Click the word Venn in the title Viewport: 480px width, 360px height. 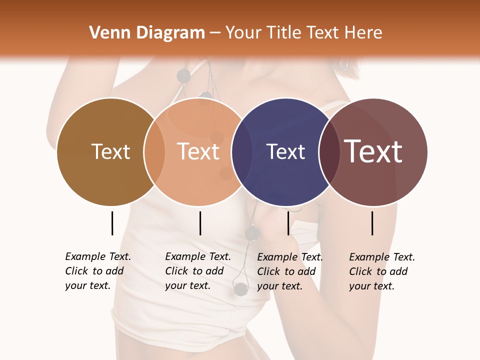106,33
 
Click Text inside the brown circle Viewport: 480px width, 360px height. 110,151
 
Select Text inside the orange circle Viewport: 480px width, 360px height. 198,151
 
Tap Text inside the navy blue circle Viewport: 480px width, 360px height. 285,152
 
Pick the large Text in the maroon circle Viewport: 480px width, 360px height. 373,151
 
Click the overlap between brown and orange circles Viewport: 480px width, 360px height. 154,152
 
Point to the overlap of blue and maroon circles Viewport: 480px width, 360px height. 328,152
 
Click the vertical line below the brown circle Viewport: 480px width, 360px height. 112,223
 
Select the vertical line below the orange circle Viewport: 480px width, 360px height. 200,223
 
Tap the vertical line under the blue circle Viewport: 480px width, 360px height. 288,223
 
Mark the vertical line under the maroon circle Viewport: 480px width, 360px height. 372,223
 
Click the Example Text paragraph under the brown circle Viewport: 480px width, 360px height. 97,271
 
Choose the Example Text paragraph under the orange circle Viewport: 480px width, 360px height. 197,271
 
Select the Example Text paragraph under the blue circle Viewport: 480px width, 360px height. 289,271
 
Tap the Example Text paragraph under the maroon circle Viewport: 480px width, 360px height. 381,271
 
